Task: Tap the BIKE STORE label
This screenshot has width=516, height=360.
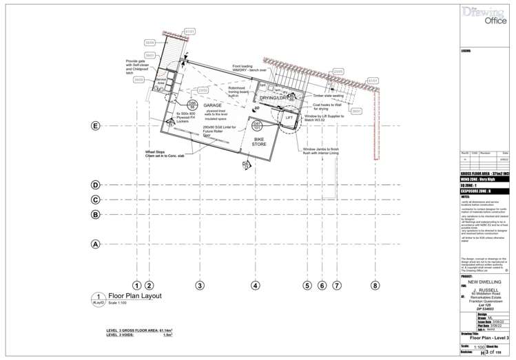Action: [259, 141]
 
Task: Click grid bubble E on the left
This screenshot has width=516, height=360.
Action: [96, 126]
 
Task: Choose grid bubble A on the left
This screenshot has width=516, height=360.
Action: [96, 243]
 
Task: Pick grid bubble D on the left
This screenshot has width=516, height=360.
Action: [96, 184]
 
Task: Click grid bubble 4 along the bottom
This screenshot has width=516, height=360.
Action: [255, 284]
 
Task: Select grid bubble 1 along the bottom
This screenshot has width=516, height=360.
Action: [137, 284]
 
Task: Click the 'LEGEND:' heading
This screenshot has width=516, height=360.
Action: [467, 51]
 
